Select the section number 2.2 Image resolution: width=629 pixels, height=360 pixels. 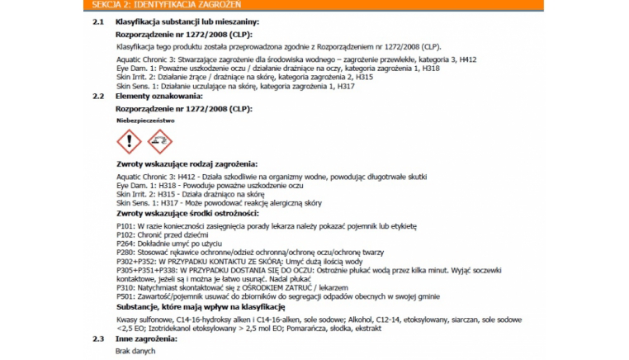(x=97, y=97)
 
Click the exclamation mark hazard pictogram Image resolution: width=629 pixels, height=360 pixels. (x=129, y=142)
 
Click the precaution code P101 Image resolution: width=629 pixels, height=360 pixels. (x=125, y=225)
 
